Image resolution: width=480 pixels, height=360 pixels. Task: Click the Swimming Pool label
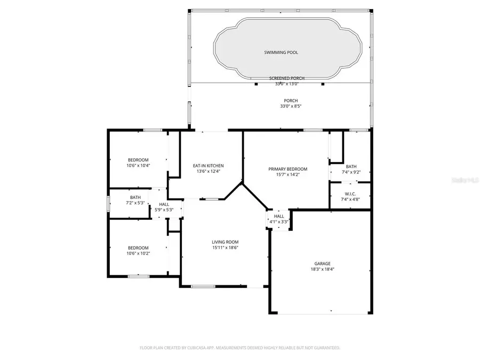[281, 52]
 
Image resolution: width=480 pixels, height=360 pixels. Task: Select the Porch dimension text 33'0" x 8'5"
[291, 106]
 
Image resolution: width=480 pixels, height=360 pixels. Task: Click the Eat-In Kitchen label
[208, 165]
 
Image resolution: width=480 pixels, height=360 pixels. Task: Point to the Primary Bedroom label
[287, 169]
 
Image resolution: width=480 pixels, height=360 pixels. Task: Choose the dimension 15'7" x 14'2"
[287, 174]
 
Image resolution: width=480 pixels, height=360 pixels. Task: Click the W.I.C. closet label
[350, 194]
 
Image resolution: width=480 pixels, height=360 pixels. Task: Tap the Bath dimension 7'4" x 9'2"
[351, 172]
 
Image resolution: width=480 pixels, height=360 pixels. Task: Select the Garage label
[322, 263]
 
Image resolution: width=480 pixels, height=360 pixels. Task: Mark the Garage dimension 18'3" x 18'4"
[322, 269]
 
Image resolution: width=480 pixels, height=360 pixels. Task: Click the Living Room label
[225, 242]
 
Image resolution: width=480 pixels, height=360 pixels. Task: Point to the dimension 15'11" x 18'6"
[225, 247]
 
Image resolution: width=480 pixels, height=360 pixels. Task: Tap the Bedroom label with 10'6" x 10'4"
[138, 160]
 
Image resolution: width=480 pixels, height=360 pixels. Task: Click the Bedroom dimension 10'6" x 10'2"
[138, 253]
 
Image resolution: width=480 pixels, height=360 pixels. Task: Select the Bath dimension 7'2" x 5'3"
[135, 203]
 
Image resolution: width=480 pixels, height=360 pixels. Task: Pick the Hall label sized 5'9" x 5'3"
[164, 204]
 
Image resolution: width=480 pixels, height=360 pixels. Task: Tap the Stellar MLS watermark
[466, 181]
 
